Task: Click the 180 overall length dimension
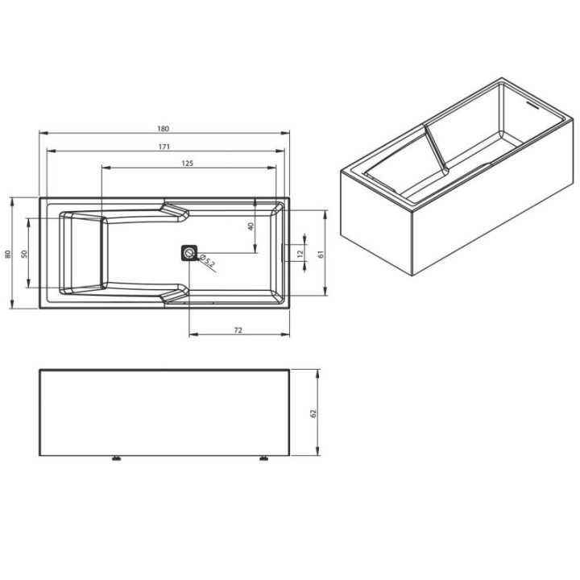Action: [163, 129]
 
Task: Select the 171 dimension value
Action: [164, 147]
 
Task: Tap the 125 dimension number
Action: [188, 163]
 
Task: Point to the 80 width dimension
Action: [8, 254]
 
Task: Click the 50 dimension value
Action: [24, 254]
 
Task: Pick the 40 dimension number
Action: [251, 226]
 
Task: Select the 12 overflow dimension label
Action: [300, 254]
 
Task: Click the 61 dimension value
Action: [321, 254]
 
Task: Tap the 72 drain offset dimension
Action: [238, 330]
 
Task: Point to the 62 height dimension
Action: [313, 413]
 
